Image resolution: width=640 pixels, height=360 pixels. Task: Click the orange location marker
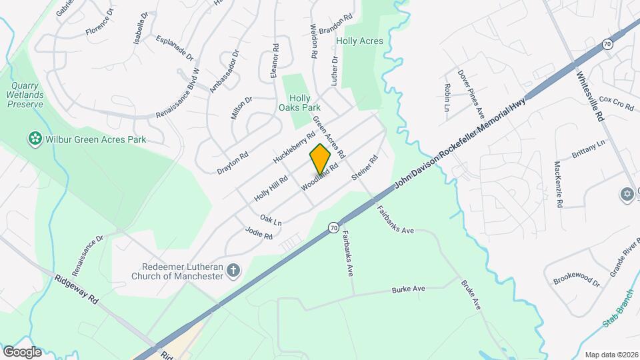click(x=321, y=159)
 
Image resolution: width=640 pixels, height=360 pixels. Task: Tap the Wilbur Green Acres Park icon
click(x=33, y=139)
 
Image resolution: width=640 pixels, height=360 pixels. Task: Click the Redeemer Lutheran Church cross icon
click(x=233, y=270)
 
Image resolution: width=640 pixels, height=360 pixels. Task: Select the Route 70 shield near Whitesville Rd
click(x=607, y=44)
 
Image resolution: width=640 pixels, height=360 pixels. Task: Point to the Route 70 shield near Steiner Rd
click(x=332, y=228)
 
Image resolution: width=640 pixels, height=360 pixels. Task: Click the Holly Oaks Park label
click(x=299, y=103)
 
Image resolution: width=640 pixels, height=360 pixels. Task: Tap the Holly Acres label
click(x=359, y=41)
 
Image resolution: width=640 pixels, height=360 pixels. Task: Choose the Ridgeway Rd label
click(x=77, y=291)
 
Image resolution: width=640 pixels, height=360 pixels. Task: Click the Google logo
click(x=23, y=351)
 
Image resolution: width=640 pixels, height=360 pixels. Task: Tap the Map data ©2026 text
click(x=611, y=354)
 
